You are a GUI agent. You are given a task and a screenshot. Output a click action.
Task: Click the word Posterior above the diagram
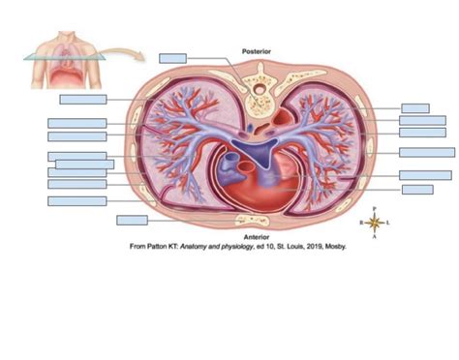point(257,50)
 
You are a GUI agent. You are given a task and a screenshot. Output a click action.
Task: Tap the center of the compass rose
point(376,222)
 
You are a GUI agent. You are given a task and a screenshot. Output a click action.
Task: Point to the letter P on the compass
point(376,207)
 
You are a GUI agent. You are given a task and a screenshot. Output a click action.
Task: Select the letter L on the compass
point(389,222)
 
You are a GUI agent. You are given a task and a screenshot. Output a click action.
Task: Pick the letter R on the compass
point(361,222)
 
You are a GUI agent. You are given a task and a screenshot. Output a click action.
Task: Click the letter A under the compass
point(376,237)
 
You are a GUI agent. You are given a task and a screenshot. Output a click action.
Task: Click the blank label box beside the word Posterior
point(172,59)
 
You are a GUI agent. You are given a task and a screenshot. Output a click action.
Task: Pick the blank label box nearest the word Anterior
point(132,220)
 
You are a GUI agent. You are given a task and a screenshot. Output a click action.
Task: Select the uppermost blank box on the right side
point(415,108)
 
